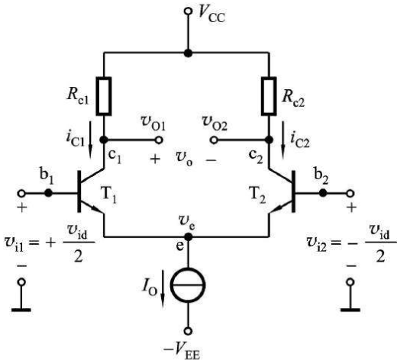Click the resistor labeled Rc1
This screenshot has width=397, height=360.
point(104,96)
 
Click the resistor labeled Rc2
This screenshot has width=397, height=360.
point(269,96)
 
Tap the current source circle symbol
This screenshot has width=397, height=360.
point(188,284)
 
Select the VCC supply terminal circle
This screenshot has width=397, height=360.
point(188,11)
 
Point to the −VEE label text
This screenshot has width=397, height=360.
point(182,352)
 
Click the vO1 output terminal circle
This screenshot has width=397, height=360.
point(159,140)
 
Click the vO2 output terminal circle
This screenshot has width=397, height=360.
point(214,140)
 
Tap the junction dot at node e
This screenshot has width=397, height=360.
point(188,237)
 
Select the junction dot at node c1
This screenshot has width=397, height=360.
point(104,140)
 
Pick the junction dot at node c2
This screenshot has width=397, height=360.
point(269,140)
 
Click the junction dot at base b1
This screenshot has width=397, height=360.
point(48,193)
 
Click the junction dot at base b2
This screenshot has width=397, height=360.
point(323,193)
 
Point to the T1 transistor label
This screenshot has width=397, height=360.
point(109,196)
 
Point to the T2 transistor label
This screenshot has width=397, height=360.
point(257,196)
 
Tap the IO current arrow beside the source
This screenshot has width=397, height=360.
point(163,288)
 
